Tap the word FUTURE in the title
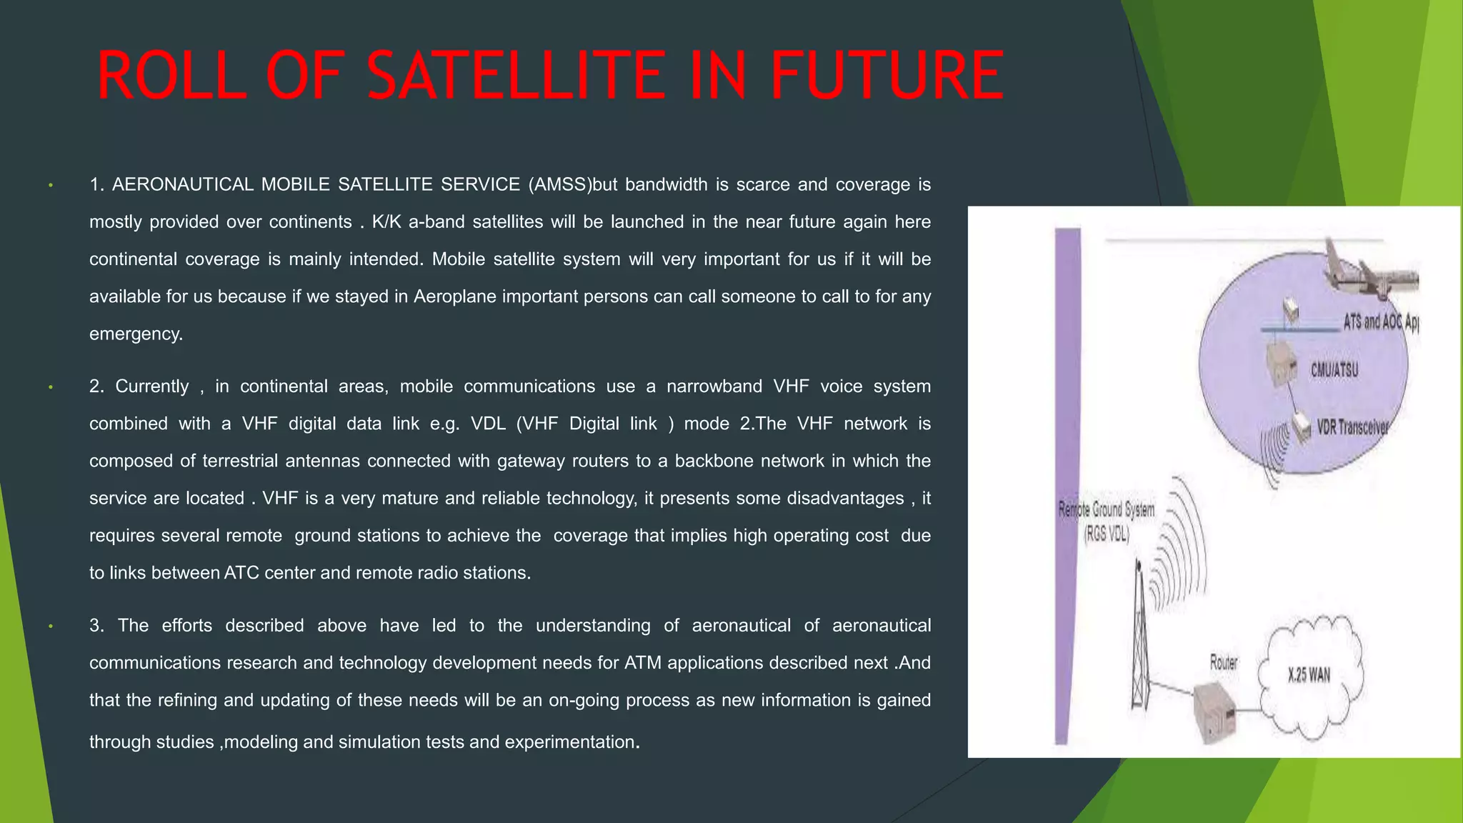(x=887, y=76)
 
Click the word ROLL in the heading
(x=171, y=76)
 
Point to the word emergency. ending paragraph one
(x=136, y=334)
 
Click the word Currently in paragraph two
(x=152, y=386)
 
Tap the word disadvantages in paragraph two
(x=845, y=498)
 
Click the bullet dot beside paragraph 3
(x=51, y=627)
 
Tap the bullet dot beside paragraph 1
(x=51, y=186)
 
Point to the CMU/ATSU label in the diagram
(x=1334, y=370)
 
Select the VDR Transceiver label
(x=1352, y=427)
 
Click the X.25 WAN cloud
(x=1309, y=675)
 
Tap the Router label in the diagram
(x=1223, y=662)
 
